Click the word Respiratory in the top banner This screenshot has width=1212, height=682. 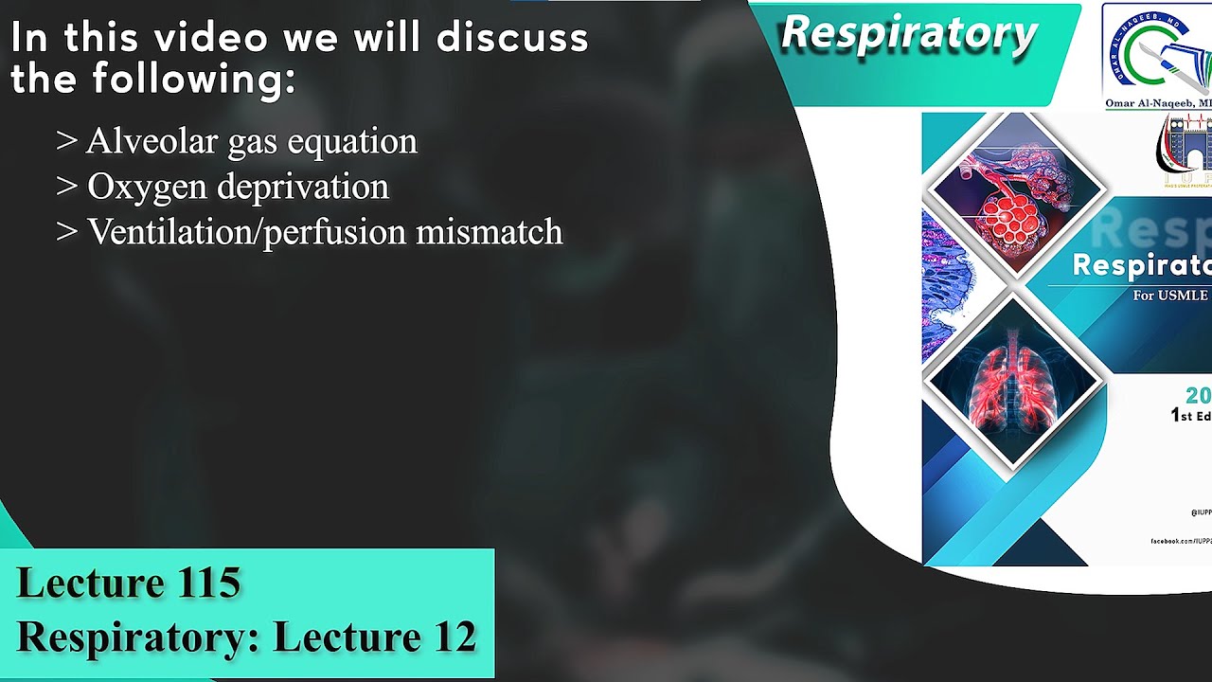[909, 34]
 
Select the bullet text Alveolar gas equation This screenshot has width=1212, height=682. [251, 141]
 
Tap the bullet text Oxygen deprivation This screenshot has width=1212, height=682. [238, 187]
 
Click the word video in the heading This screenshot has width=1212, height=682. [214, 38]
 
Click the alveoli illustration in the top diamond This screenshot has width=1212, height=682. [1015, 194]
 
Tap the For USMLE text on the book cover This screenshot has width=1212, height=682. [1170, 296]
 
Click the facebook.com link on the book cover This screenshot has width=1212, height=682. [1180, 541]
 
